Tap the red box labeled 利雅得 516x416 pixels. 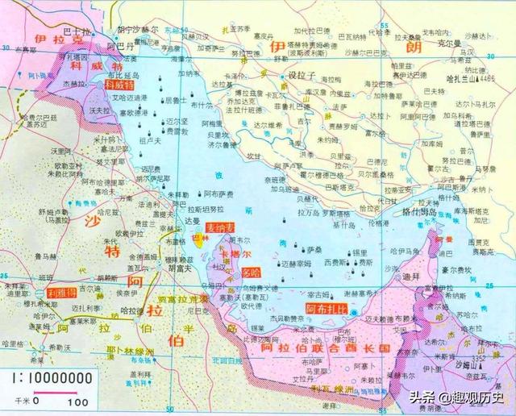tap(61, 292)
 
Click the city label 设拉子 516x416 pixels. tap(300, 75)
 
